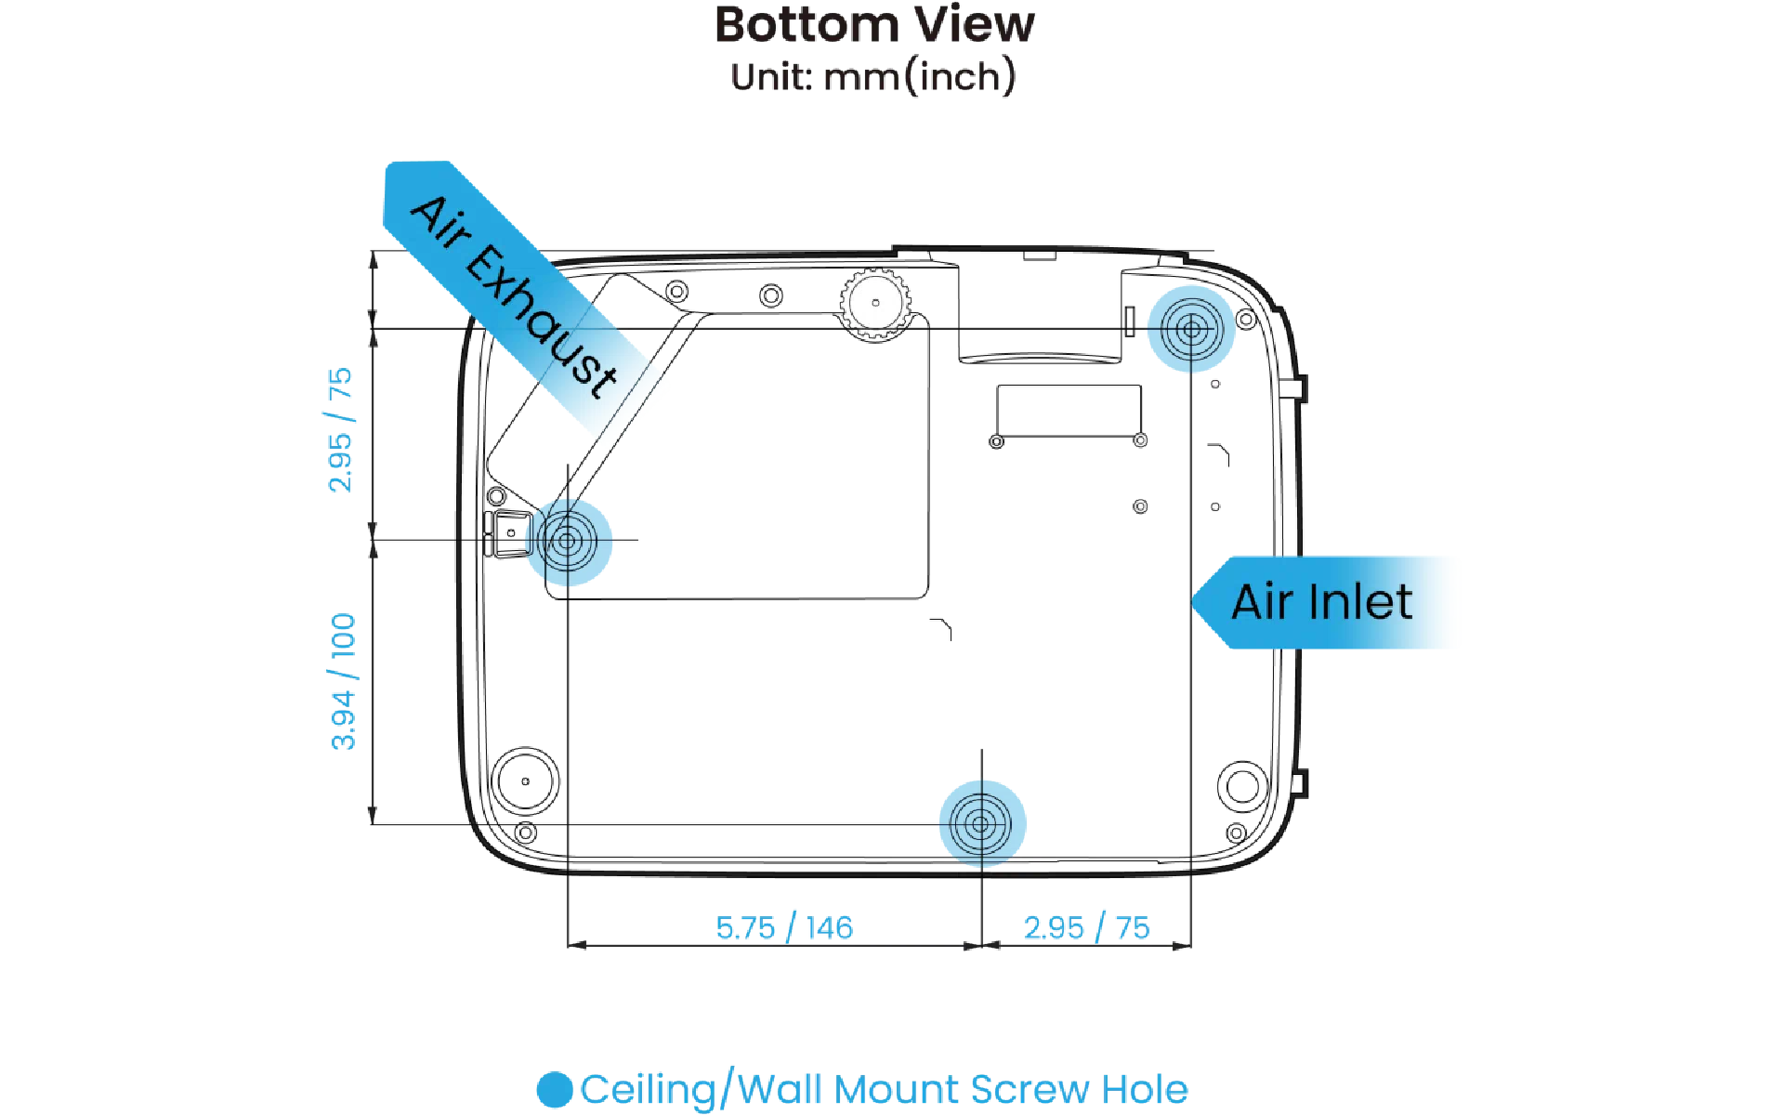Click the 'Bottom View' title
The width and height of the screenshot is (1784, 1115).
click(874, 25)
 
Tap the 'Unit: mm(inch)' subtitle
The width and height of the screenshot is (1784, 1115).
click(873, 76)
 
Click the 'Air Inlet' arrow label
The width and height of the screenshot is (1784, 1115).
click(1322, 602)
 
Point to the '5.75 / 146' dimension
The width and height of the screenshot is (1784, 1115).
click(784, 927)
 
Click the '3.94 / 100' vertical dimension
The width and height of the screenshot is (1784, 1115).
click(343, 681)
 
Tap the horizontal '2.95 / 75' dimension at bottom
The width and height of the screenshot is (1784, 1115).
click(1086, 927)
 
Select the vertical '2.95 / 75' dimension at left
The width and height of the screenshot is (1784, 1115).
click(340, 429)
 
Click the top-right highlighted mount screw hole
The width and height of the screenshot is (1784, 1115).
click(1191, 329)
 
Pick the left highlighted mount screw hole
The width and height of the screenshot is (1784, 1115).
click(568, 541)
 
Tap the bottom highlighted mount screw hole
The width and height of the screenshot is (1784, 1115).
click(982, 824)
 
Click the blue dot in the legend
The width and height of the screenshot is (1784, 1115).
click(555, 1090)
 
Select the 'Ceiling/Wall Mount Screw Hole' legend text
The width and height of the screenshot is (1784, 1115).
click(884, 1089)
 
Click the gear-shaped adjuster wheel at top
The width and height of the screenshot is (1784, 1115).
click(875, 303)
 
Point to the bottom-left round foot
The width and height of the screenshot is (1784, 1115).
click(525, 781)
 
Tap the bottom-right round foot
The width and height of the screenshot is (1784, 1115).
click(1242, 786)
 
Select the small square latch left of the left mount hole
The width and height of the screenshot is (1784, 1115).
click(510, 533)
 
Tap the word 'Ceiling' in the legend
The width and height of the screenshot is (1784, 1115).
click(649, 1090)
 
